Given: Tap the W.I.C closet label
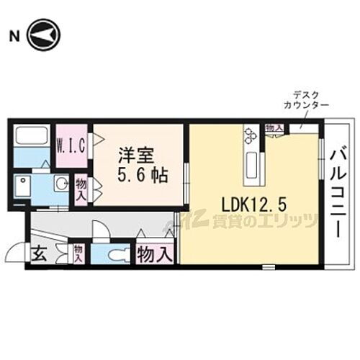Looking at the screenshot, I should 72,145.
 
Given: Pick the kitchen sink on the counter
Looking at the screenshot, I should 253,161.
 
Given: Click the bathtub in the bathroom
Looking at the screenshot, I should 31,136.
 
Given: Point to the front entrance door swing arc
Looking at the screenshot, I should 15,253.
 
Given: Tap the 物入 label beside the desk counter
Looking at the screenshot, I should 273,128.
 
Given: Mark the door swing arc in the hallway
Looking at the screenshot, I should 102,229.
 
